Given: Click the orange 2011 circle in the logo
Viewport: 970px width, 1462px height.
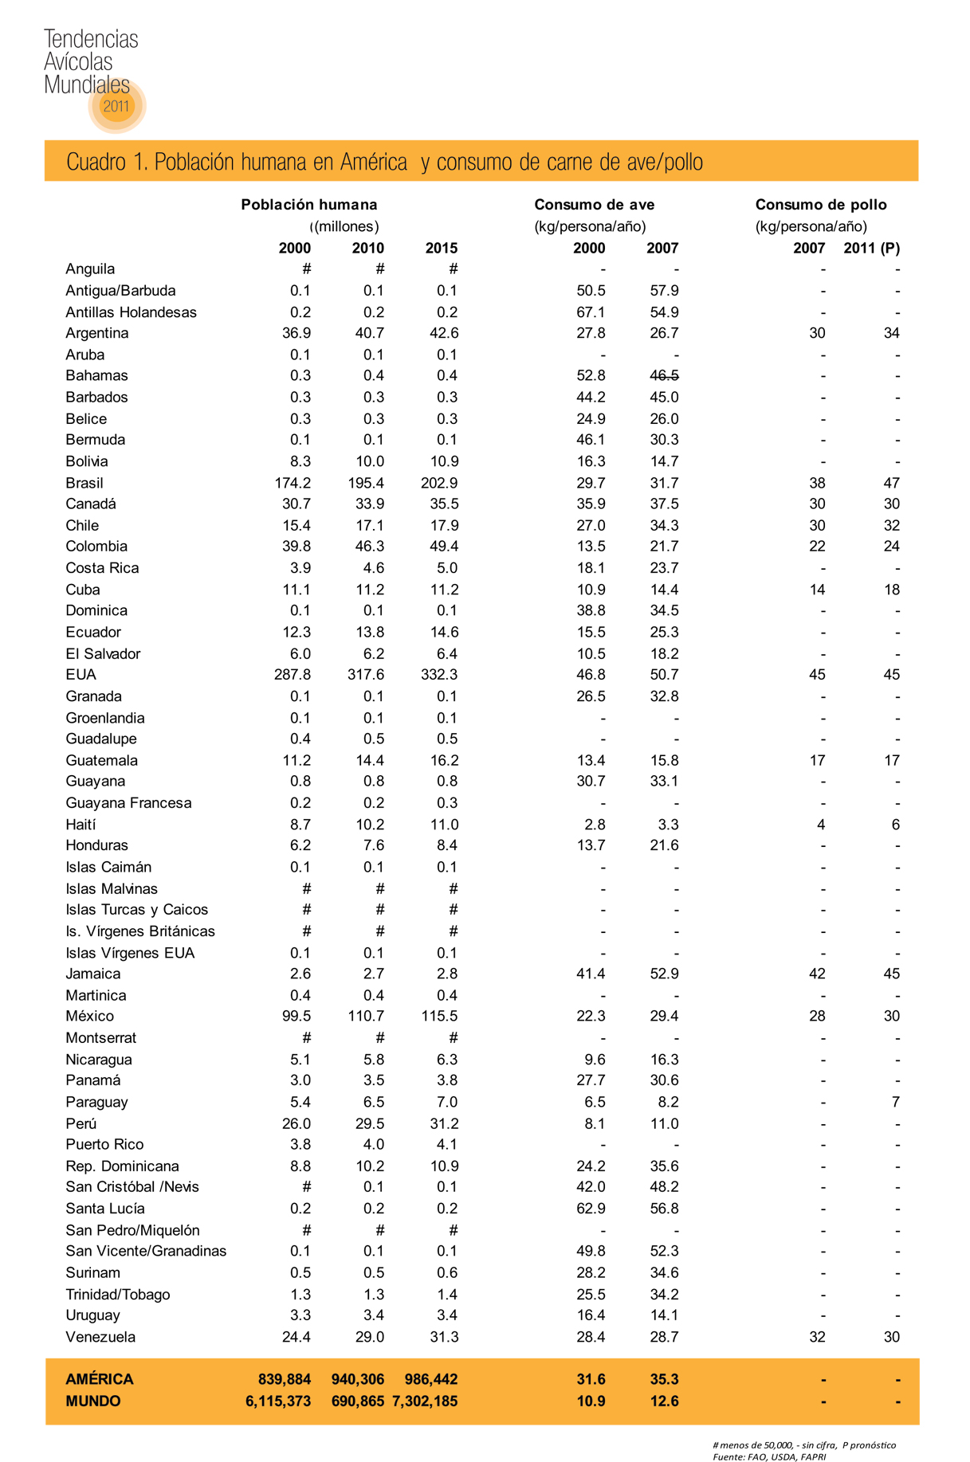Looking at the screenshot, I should [x=116, y=105].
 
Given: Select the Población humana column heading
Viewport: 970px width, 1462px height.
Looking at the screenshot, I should [x=309, y=205].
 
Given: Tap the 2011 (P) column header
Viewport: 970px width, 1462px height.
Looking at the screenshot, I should [x=871, y=248].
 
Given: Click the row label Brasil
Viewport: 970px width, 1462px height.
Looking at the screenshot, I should [x=84, y=483].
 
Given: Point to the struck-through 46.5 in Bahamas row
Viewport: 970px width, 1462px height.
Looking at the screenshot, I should [x=664, y=375].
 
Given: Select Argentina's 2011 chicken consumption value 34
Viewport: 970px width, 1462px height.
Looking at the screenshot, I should [x=891, y=333].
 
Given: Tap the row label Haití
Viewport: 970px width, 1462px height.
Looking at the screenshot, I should [x=81, y=824].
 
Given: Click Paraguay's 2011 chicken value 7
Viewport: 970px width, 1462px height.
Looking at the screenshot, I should [x=895, y=1102].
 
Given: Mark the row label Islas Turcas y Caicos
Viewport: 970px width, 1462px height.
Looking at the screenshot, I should [x=137, y=909].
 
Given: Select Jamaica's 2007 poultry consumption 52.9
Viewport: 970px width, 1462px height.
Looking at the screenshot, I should [x=664, y=974].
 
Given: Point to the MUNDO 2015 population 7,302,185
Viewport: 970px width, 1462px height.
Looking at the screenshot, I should [x=425, y=1401].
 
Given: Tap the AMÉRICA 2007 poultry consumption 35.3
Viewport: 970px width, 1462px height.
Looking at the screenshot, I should [x=664, y=1379].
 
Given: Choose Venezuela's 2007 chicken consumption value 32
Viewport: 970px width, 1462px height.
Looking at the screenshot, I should [x=817, y=1337].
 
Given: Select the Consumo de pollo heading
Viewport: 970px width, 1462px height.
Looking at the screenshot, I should [x=820, y=205].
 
